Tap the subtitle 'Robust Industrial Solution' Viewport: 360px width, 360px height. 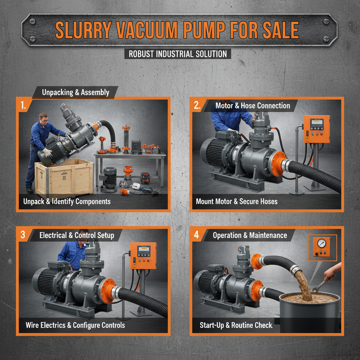click(178, 54)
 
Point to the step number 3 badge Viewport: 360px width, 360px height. click(23, 235)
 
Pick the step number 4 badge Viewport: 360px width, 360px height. click(197, 235)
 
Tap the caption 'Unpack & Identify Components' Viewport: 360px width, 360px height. click(67, 201)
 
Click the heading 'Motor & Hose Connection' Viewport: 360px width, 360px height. click(253, 105)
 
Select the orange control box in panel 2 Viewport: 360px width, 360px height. click(316, 129)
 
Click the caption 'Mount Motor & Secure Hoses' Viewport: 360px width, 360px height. click(237, 201)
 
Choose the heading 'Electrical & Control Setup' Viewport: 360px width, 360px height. click(77, 235)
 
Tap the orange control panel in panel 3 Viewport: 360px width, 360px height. click(143, 255)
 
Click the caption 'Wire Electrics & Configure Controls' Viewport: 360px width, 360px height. click(75, 325)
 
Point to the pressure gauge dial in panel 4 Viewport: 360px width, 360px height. click(321, 243)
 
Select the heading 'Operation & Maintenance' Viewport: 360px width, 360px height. click(250, 235)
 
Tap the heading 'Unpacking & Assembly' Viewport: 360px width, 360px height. click(76, 92)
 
